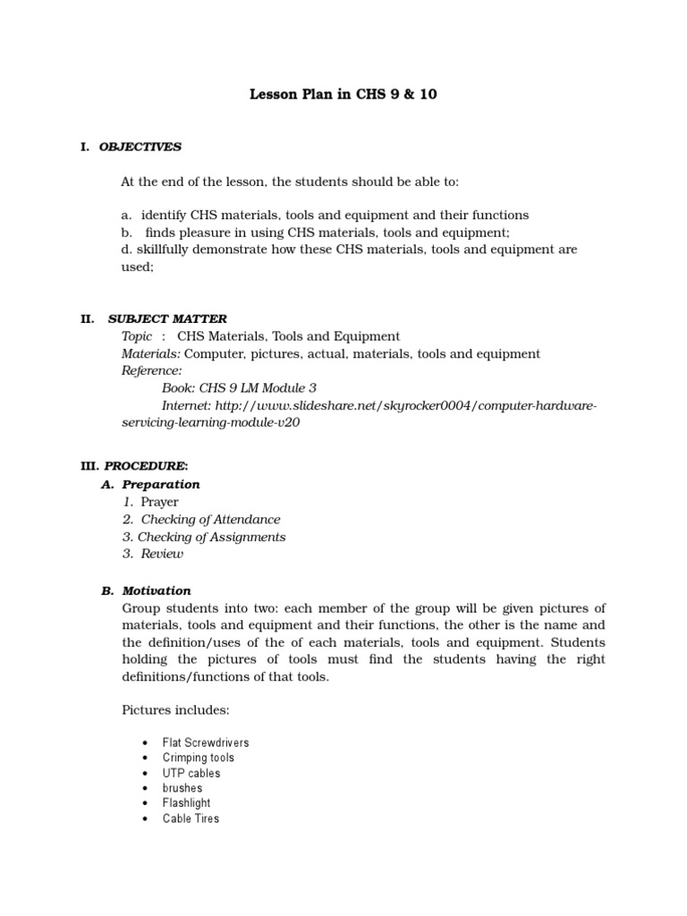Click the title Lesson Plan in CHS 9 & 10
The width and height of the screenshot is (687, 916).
[343, 94]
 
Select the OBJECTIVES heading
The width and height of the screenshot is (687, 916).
[140, 147]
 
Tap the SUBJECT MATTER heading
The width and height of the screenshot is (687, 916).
[167, 318]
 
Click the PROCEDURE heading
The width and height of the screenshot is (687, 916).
[146, 466]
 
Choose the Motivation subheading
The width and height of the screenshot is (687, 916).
[157, 590]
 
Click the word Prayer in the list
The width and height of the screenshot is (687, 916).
[159, 502]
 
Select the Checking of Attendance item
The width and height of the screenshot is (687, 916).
[210, 519]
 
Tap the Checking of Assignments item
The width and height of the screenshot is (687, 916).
[212, 537]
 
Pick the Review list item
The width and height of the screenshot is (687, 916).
[162, 554]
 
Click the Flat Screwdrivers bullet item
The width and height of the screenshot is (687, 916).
[206, 743]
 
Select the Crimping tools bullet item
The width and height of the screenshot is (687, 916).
[199, 759]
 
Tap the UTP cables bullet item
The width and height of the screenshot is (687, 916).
[191, 774]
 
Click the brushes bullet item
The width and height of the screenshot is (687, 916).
[182, 789]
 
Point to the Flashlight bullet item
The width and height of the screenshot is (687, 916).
[187, 803]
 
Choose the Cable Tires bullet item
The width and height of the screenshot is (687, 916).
[191, 818]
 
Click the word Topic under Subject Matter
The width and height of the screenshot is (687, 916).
[137, 336]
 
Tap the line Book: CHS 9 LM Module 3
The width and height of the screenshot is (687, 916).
[239, 388]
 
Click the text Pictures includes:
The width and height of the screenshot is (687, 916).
[175, 710]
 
